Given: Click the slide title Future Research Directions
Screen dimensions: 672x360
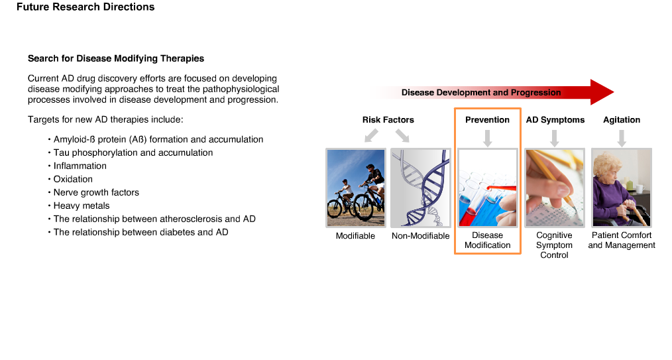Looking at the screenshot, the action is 85,7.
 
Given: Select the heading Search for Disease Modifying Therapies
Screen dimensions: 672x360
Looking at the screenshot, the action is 116,58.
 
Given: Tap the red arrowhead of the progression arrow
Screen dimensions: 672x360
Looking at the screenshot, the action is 602,92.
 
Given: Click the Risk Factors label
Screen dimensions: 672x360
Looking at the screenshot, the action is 388,120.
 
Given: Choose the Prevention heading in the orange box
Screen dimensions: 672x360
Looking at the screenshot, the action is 487,120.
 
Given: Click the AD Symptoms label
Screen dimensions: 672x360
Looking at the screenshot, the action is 555,120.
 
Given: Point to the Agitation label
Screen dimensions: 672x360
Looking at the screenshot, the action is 622,120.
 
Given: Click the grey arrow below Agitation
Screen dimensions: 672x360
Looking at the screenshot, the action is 622,139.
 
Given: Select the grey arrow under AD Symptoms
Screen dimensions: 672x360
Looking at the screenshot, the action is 554,139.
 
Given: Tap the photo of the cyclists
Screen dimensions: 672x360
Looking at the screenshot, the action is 356,188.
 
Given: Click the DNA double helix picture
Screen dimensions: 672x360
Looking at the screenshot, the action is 420,188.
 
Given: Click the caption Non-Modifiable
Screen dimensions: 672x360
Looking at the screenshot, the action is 420,236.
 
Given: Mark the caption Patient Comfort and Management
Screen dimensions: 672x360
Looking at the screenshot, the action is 622,241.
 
